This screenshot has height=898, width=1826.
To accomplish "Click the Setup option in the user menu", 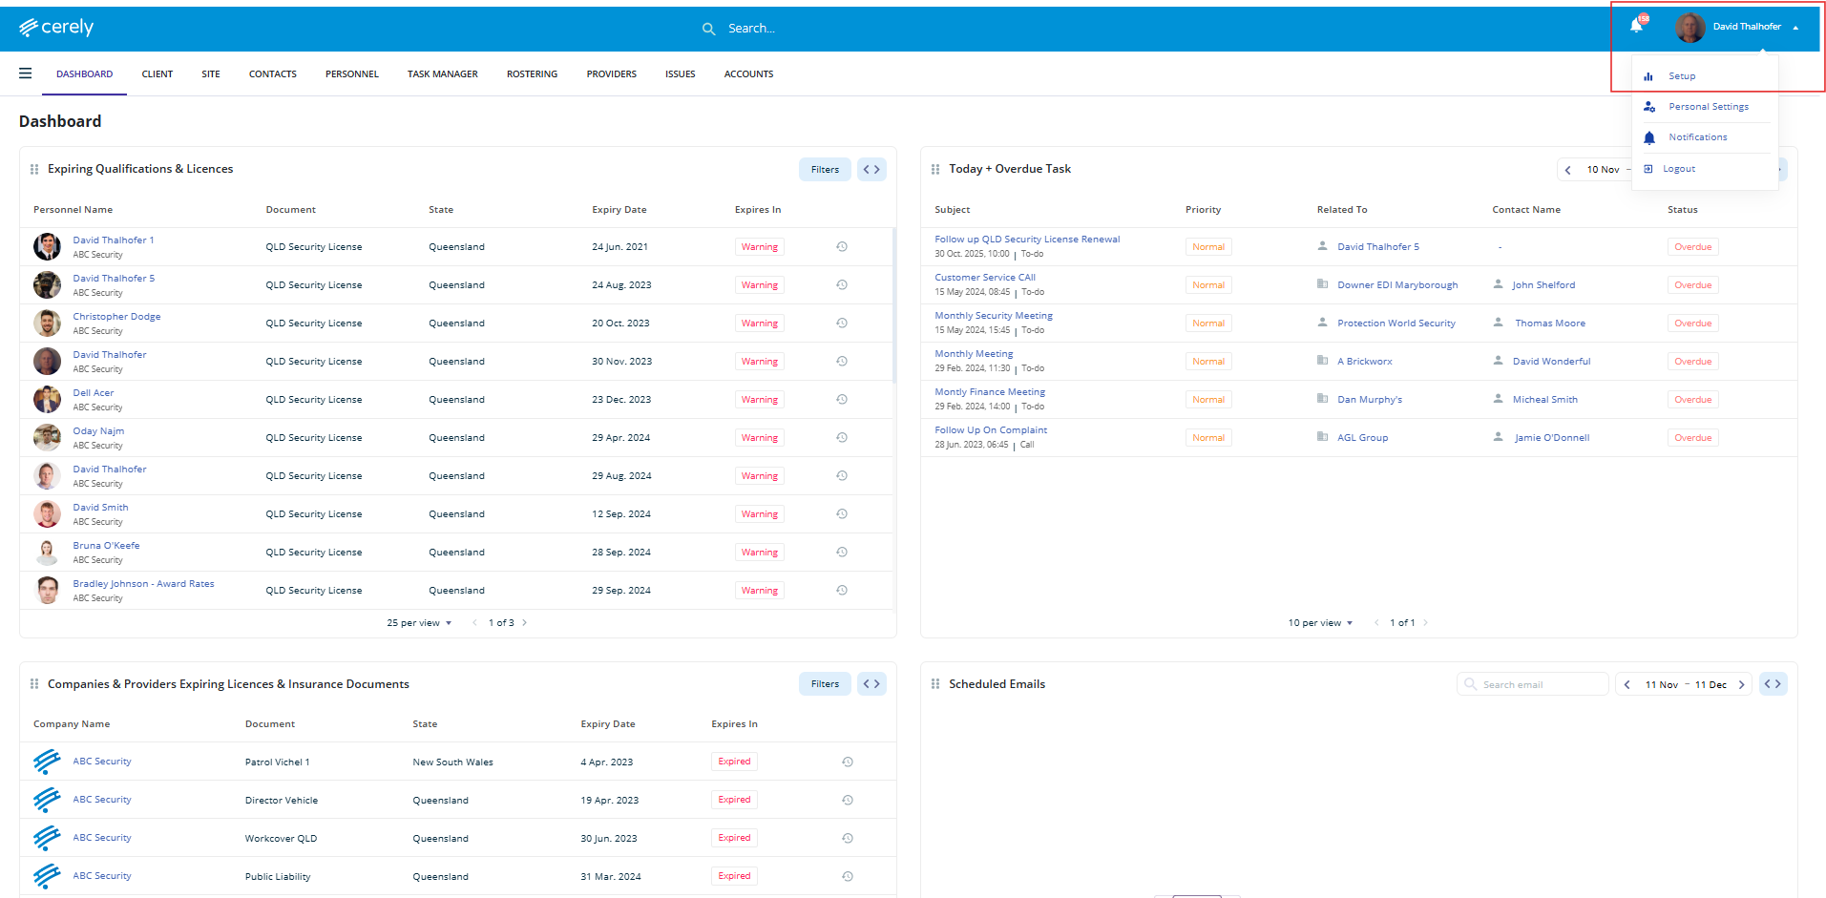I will pos(1681,76).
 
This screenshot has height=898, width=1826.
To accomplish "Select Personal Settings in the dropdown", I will pos(1708,107).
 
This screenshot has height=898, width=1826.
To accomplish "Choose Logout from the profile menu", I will pos(1678,169).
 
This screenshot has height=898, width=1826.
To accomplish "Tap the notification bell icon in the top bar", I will pos(1636,26).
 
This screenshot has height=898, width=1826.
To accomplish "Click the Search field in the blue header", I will pos(751,29).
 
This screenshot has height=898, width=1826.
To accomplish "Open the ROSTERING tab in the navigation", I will pos(532,74).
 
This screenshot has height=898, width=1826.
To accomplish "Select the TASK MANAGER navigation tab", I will pos(442,74).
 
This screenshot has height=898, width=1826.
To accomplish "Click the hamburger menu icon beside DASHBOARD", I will pos(26,73).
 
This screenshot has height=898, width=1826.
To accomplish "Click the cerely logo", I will pos(56,28).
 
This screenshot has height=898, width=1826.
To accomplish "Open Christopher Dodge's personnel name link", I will pos(116,317).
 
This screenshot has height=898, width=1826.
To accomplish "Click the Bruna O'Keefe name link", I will pos(106,546).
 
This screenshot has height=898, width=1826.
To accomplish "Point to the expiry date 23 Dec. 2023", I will pos(620,400).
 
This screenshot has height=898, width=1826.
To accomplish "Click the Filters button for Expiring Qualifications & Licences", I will pos(825,170).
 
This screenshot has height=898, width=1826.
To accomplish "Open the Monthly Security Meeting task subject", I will pos(993,316).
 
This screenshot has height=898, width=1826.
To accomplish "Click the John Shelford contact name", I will pos(1543,285).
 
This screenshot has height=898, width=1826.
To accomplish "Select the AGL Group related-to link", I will pos(1362,438).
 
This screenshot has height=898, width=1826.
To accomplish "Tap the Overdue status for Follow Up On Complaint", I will pos(1692,438).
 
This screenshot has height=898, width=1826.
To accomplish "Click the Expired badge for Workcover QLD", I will pos(734,838).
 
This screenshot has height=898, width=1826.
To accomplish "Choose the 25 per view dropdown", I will pos(419,623).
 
